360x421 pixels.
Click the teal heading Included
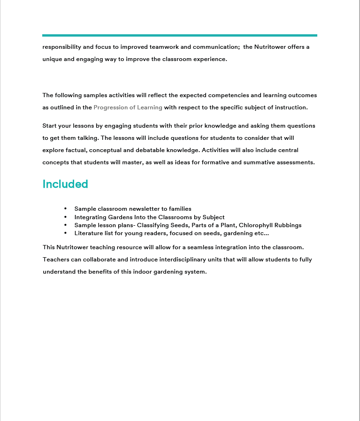(x=65, y=184)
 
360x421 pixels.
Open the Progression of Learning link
(x=128, y=107)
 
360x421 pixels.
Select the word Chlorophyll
(x=256, y=225)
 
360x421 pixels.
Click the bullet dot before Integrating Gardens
(x=65, y=217)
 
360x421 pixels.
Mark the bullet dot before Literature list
(x=65, y=233)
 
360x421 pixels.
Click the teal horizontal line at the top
(x=180, y=35)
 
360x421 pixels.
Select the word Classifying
(x=154, y=225)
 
